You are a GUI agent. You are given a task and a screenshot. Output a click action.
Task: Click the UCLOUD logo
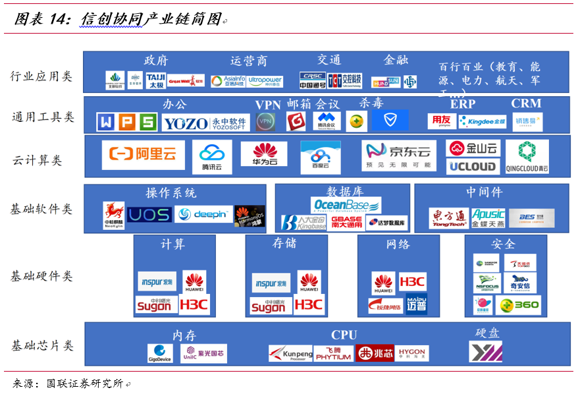473,166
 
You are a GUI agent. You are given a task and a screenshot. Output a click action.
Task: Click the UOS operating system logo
149,215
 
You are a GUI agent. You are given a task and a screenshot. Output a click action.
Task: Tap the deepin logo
203,215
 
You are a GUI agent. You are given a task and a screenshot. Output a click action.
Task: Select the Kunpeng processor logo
290,354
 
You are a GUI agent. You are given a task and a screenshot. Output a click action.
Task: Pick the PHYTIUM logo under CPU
333,354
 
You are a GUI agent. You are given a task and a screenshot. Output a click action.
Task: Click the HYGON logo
411,354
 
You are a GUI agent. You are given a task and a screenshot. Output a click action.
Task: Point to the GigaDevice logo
160,354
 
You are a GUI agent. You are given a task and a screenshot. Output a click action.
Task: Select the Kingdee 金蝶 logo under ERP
483,122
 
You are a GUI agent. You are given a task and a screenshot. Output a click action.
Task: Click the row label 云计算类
38,161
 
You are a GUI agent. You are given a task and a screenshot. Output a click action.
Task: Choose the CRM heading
526,103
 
